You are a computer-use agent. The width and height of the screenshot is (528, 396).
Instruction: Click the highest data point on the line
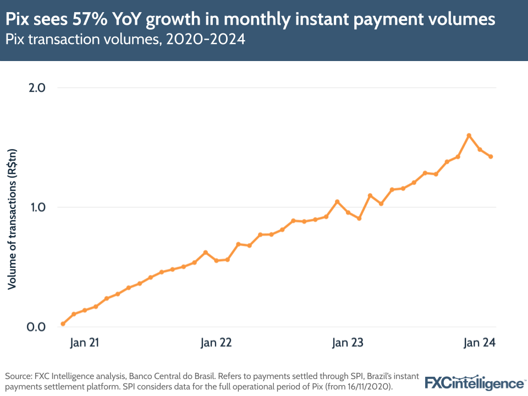[469, 135]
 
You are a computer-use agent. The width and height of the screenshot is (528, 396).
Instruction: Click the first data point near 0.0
[63, 324]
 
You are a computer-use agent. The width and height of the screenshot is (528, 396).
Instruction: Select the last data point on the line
[491, 157]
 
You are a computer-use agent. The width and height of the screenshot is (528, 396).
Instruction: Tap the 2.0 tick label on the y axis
[36, 87]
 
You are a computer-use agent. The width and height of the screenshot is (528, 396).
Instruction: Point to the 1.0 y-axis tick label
[36, 207]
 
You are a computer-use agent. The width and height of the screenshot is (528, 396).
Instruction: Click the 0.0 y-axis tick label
[36, 327]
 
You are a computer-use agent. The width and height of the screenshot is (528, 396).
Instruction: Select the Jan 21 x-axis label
[84, 343]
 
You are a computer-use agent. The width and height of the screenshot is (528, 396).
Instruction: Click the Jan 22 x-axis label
[216, 343]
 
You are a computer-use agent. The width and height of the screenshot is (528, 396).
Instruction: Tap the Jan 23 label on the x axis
[348, 343]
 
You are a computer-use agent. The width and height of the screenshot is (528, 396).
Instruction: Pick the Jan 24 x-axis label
[480, 343]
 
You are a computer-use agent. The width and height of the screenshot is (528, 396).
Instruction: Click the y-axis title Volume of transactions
[13, 219]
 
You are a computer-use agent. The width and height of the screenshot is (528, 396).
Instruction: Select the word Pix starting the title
[18, 20]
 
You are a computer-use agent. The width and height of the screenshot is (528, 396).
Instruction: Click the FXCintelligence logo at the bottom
[475, 382]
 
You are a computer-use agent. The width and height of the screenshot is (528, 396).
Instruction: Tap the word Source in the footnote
[18, 376]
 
